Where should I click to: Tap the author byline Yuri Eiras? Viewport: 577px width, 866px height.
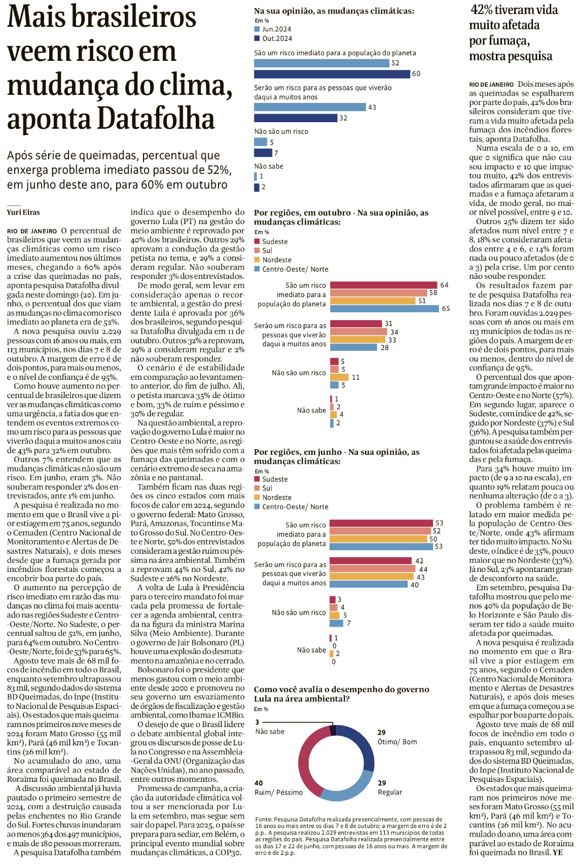point(23,212)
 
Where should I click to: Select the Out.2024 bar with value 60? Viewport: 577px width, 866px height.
point(332,74)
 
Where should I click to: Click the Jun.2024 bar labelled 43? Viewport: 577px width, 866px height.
point(309,107)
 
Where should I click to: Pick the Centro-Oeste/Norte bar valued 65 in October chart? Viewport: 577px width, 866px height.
point(384,308)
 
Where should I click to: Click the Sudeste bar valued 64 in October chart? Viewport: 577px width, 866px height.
point(383,285)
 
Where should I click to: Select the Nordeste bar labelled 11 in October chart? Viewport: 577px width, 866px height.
point(339,377)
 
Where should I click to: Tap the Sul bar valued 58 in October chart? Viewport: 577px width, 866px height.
point(378,293)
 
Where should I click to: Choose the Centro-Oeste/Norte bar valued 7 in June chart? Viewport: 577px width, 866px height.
point(336,623)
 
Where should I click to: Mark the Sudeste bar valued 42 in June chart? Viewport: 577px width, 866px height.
point(370,561)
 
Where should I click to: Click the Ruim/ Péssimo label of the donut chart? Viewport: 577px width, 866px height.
point(279,792)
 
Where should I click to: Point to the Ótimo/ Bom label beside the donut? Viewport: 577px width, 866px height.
point(397,742)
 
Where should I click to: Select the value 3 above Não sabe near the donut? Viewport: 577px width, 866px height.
point(257,722)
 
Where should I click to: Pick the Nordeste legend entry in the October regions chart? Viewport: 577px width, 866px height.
point(276,260)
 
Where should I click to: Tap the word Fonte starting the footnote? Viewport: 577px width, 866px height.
point(263,819)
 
